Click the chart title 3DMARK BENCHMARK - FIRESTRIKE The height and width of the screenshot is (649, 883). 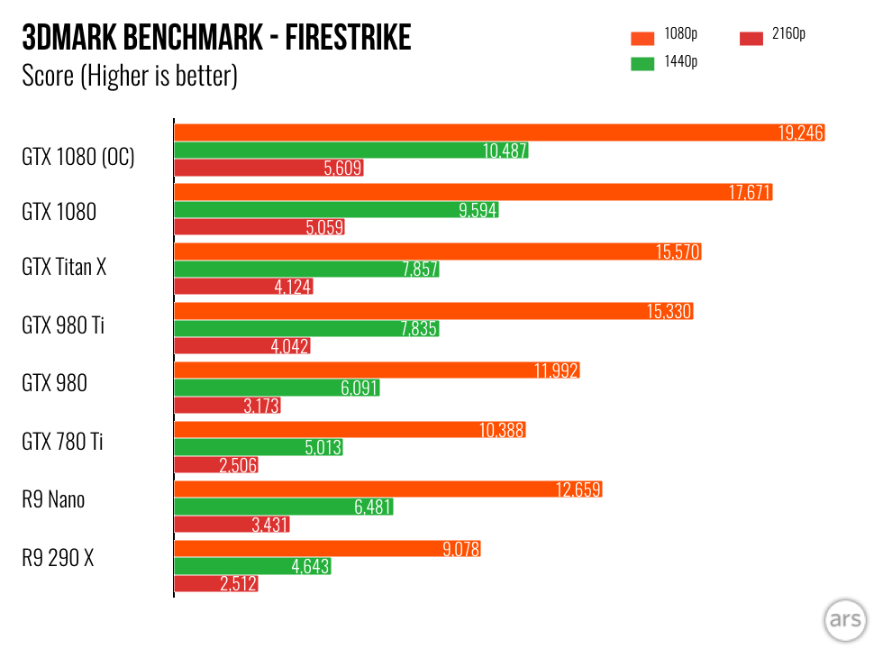pos(216,38)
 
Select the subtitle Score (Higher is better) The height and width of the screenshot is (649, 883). pos(129,76)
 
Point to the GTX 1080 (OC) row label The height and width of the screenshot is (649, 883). pos(78,157)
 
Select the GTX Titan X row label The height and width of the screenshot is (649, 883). pos(64,267)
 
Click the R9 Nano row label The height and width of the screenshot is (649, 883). pos(53,499)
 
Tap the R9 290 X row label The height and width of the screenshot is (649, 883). pos(58,559)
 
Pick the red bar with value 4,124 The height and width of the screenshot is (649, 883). pos(243,288)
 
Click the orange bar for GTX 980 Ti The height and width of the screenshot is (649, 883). pos(432,311)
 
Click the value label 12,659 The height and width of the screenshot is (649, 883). pos(578,489)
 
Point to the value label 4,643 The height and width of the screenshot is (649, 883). pos(310,567)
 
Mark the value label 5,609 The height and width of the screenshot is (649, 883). pos(342,168)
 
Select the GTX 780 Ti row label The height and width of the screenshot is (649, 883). pos(62,442)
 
